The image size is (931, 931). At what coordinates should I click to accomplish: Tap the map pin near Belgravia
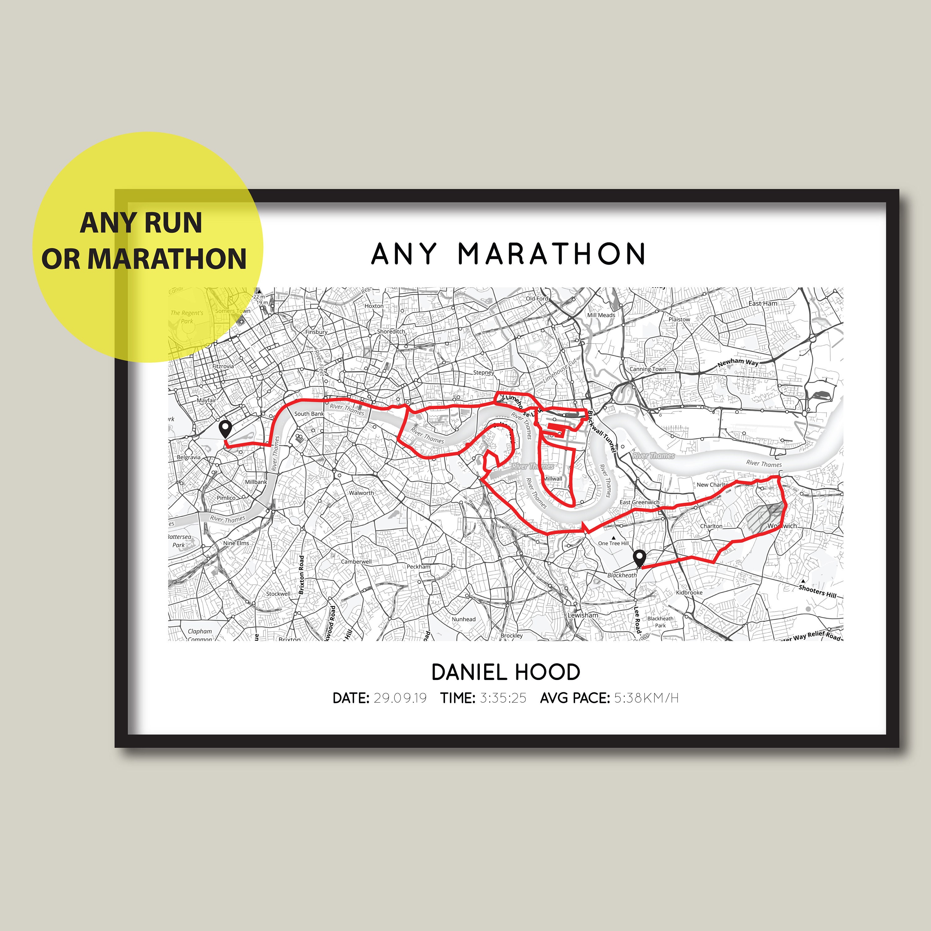click(x=225, y=428)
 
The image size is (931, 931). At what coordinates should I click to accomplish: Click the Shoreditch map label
click(x=391, y=331)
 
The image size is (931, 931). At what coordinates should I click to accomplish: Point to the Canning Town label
click(x=648, y=369)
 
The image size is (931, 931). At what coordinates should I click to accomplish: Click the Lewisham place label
click(x=582, y=615)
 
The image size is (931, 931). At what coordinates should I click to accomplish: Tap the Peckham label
click(x=418, y=567)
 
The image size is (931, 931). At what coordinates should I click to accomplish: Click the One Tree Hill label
click(x=614, y=543)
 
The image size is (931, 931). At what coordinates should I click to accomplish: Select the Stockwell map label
click(x=278, y=594)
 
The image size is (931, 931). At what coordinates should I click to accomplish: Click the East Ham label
click(x=763, y=304)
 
